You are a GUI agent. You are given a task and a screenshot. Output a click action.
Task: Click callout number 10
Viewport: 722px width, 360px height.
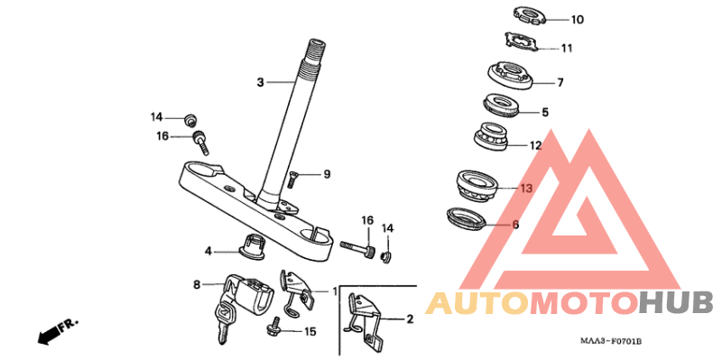point(577,20)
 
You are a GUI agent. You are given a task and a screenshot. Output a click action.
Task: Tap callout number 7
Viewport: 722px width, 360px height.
point(560,83)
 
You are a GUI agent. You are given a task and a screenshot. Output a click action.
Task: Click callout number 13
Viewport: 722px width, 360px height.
point(526,189)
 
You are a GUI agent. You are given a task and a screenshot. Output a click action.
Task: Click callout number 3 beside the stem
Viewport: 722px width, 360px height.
point(260,82)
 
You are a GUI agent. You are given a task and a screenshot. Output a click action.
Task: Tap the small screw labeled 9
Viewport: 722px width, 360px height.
point(292,179)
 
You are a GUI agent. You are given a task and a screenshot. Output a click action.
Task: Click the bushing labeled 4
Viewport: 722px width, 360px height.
point(252,246)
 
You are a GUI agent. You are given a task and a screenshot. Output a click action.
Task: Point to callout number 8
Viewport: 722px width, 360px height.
point(197,285)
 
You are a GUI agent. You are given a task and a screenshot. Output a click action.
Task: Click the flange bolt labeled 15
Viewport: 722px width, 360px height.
point(274,327)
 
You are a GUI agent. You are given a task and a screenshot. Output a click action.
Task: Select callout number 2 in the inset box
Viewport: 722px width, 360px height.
point(410,319)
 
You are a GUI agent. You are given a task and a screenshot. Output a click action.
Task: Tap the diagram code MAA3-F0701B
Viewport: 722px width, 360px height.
point(611,342)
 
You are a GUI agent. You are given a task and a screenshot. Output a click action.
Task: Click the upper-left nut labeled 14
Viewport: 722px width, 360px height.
point(190,119)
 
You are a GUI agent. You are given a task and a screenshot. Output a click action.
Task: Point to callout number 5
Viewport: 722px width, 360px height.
point(545,112)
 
